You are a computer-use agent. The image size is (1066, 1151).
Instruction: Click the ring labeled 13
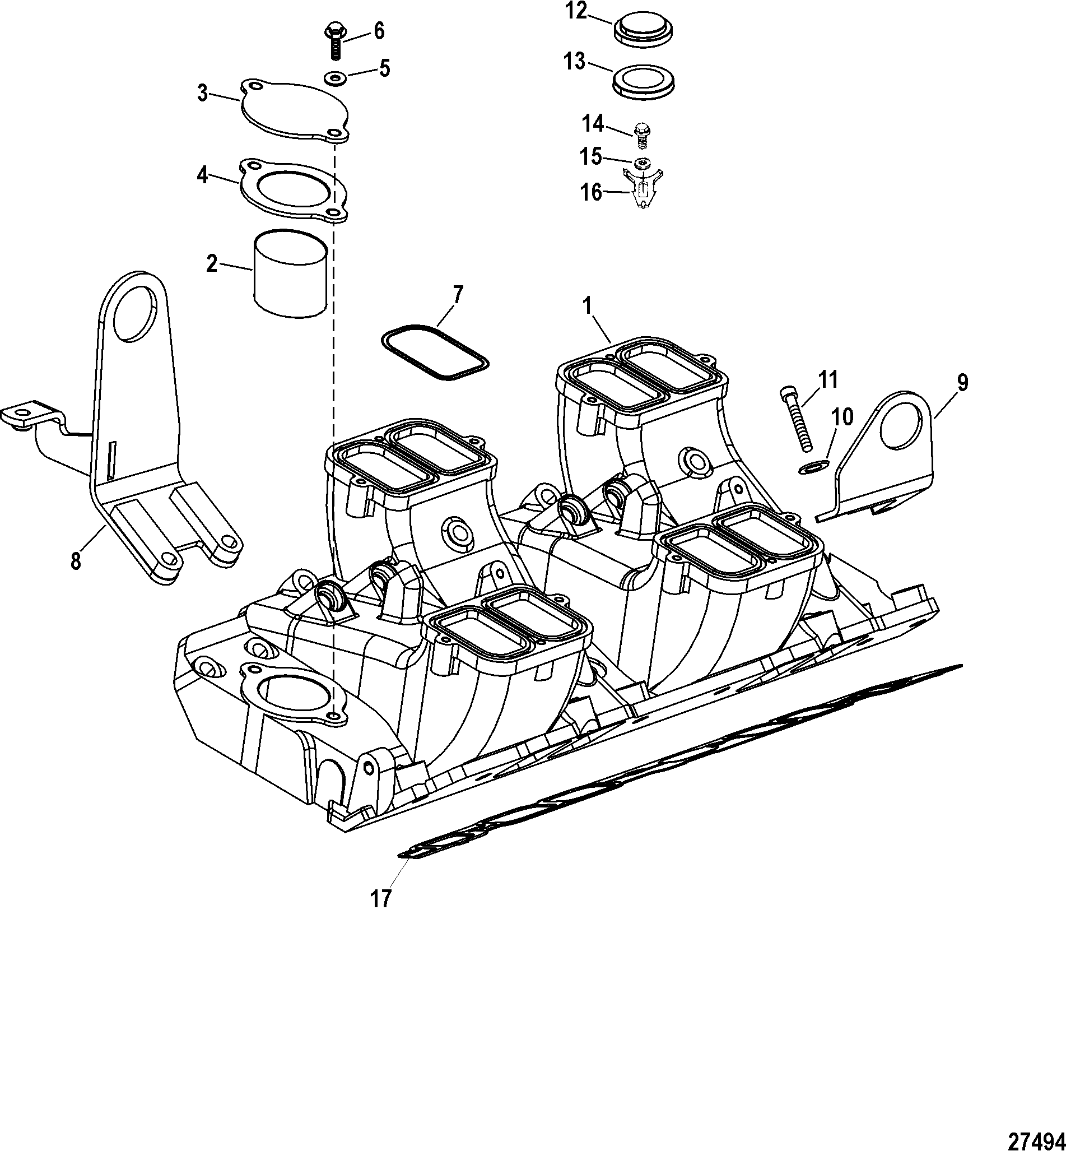click(644, 80)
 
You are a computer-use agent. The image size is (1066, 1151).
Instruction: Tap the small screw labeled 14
click(640, 134)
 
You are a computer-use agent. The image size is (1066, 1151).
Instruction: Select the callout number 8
click(76, 560)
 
